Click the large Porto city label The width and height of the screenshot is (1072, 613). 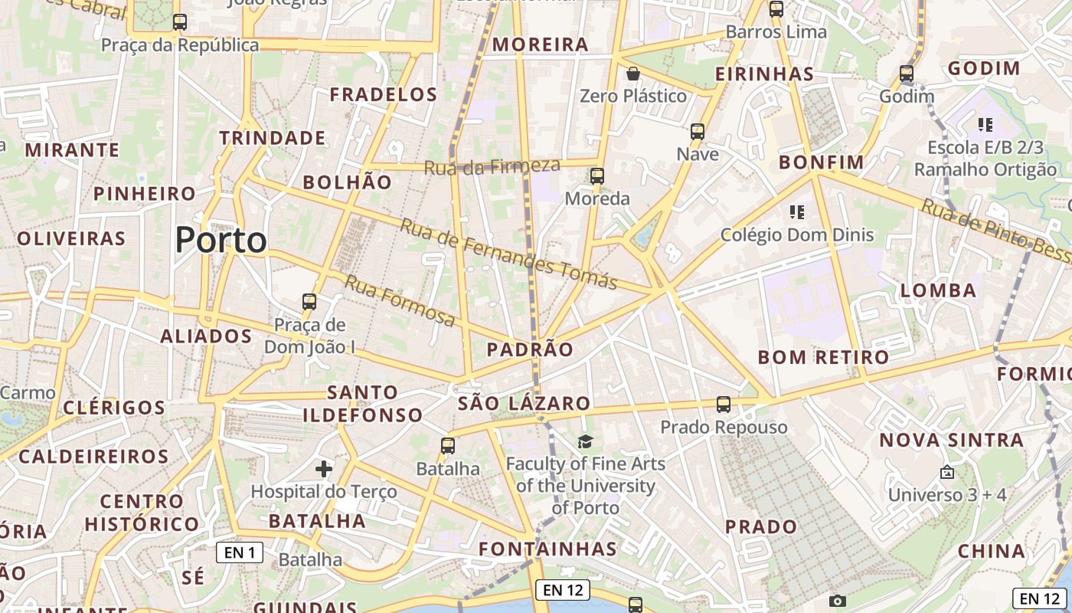tap(221, 241)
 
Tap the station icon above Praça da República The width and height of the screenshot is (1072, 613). tap(179, 22)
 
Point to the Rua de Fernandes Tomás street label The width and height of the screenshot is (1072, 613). tap(508, 255)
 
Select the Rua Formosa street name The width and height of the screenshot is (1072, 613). tap(399, 300)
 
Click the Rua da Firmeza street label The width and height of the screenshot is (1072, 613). tap(492, 166)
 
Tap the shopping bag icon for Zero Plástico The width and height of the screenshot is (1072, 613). tap(633, 74)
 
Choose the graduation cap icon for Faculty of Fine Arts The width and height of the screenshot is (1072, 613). tap(585, 441)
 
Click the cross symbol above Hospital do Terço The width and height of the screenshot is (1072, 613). tap(324, 468)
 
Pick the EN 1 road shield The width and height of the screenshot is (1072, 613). tap(239, 552)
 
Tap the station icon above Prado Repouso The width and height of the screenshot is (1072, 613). tap(724, 404)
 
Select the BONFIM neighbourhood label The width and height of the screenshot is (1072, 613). tap(822, 162)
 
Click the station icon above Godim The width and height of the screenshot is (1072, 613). tap(907, 74)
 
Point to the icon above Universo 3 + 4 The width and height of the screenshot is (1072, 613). tap(947, 472)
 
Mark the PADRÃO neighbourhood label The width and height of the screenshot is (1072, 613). tap(530, 350)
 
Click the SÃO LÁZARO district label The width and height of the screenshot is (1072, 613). tap(524, 404)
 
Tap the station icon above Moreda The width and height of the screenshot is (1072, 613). tap(597, 176)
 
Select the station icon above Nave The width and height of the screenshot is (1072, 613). tap(698, 131)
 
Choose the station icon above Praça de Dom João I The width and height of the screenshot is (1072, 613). tap(309, 301)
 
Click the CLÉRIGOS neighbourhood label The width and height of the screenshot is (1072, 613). tap(114, 408)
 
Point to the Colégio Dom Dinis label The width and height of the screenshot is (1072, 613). tap(797, 234)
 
